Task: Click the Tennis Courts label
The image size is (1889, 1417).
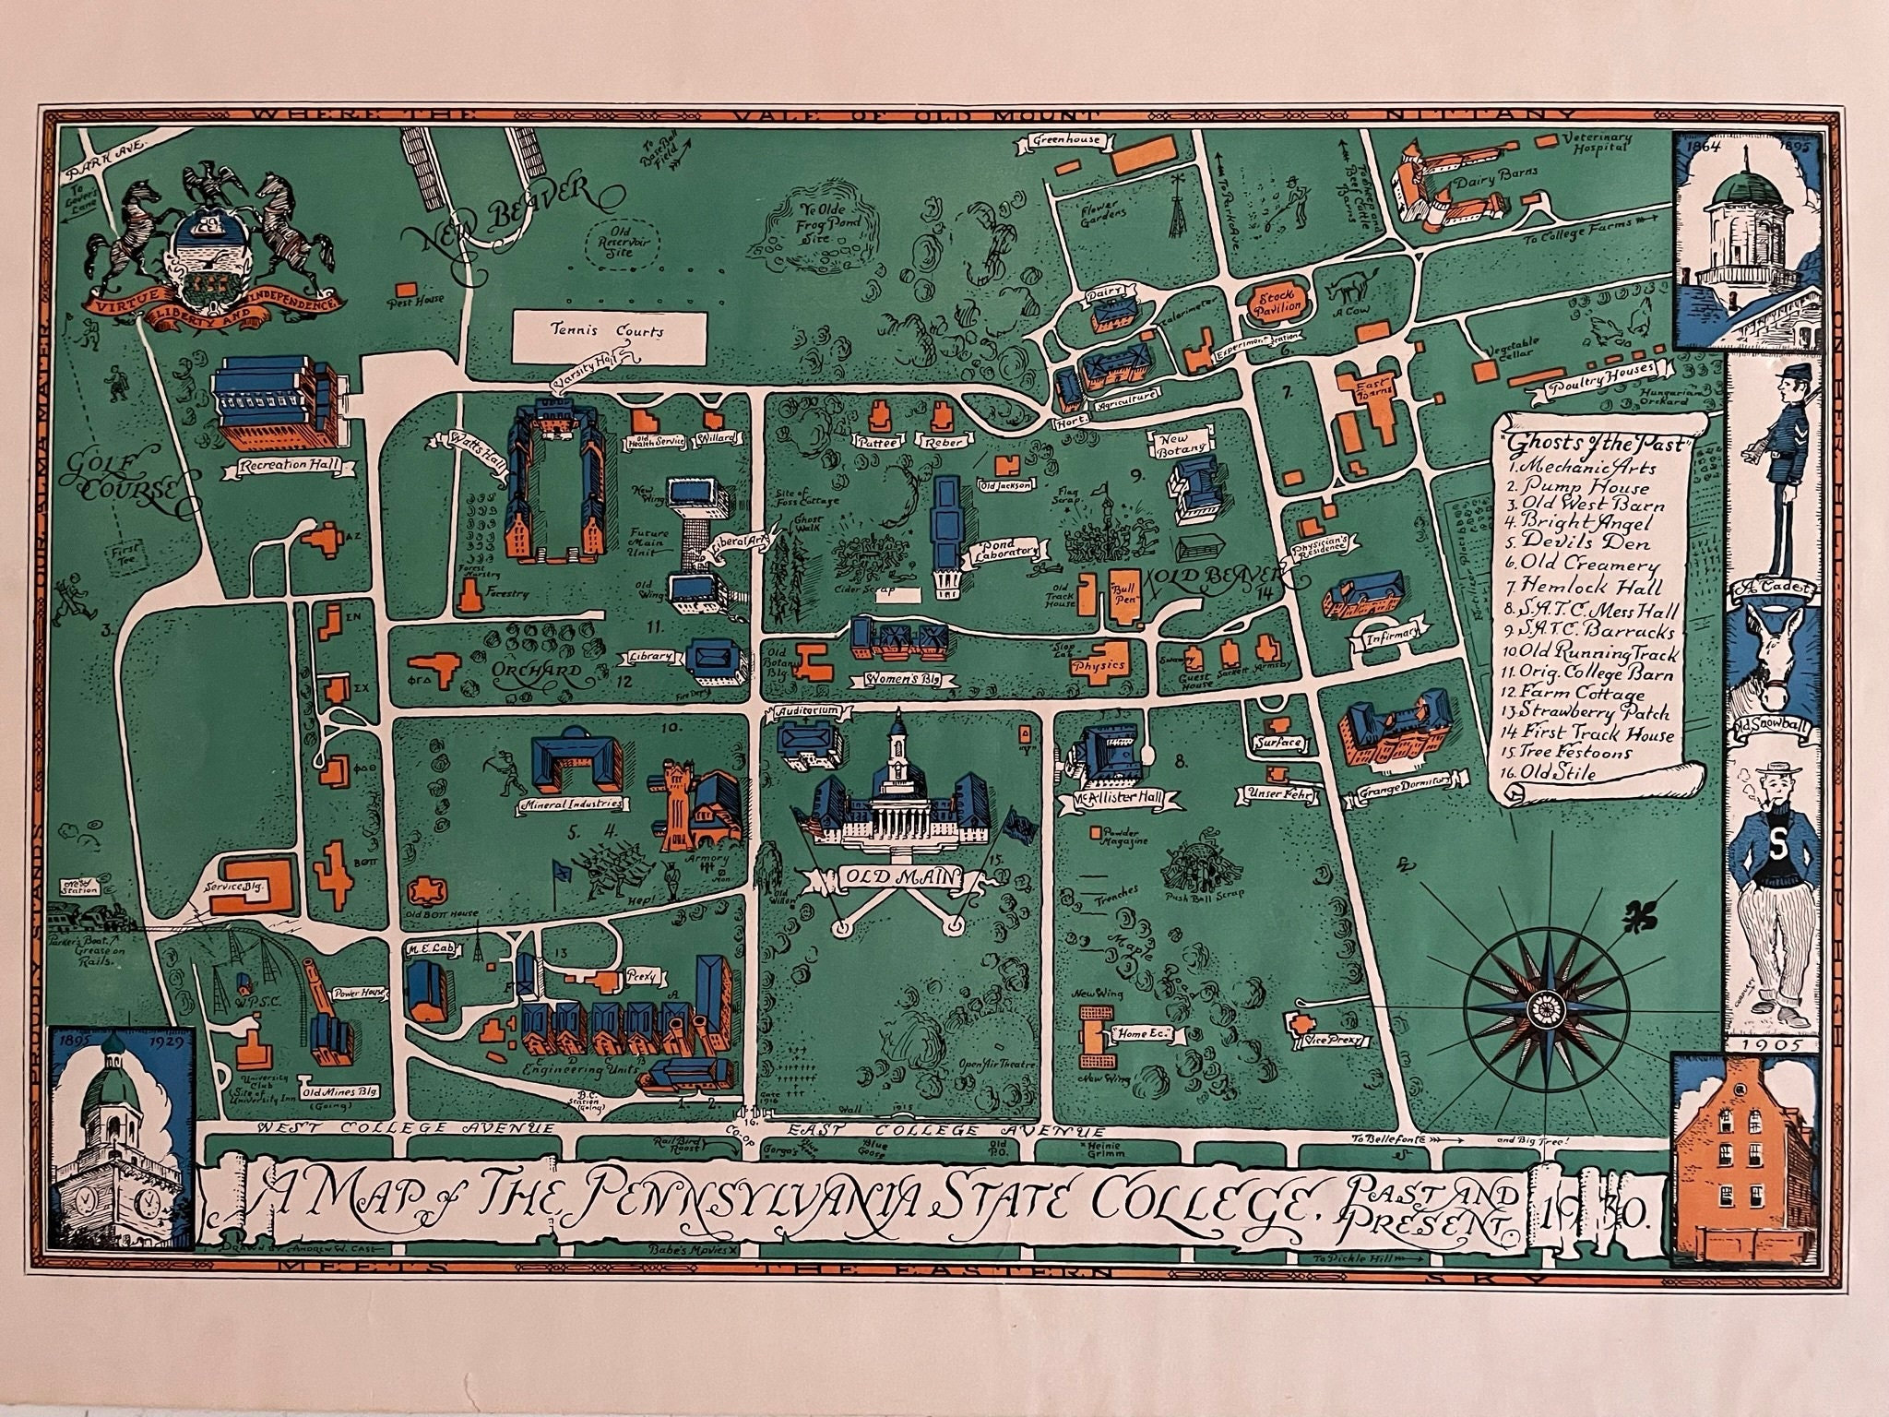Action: (607, 328)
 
